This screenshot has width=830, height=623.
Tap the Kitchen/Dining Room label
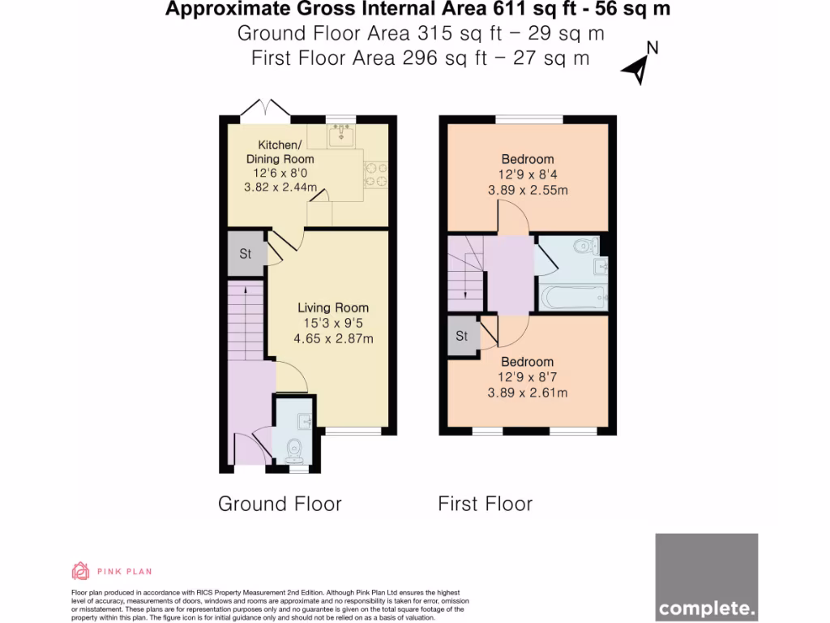280,151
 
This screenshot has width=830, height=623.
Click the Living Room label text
332,307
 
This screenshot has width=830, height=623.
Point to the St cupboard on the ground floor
246,254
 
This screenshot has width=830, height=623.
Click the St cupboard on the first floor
461,336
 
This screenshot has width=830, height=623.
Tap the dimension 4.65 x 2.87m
332,339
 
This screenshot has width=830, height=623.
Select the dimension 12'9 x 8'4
527,174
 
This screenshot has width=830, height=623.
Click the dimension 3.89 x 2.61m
527,393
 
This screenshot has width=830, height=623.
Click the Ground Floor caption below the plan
280,504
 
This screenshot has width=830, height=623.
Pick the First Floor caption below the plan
485,504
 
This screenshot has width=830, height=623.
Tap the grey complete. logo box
706,577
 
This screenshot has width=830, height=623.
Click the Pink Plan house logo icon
80,571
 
